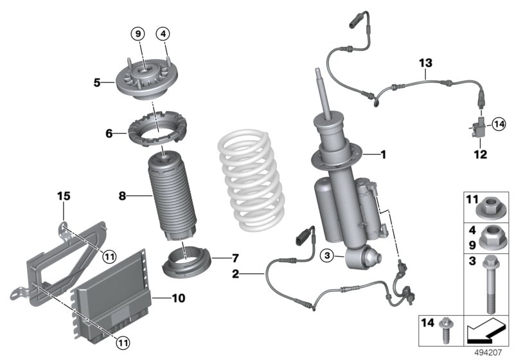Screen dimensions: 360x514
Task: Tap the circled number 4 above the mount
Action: pos(164,32)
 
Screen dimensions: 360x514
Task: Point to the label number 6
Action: pos(109,133)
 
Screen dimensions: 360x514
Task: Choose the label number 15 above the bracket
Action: pos(64,195)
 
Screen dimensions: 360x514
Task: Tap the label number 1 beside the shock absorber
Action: pos(383,154)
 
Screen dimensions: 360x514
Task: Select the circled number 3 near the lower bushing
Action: pos(328,256)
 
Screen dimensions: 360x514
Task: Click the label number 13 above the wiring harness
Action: pos(425,63)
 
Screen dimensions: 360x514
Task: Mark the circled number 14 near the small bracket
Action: pos(499,125)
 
